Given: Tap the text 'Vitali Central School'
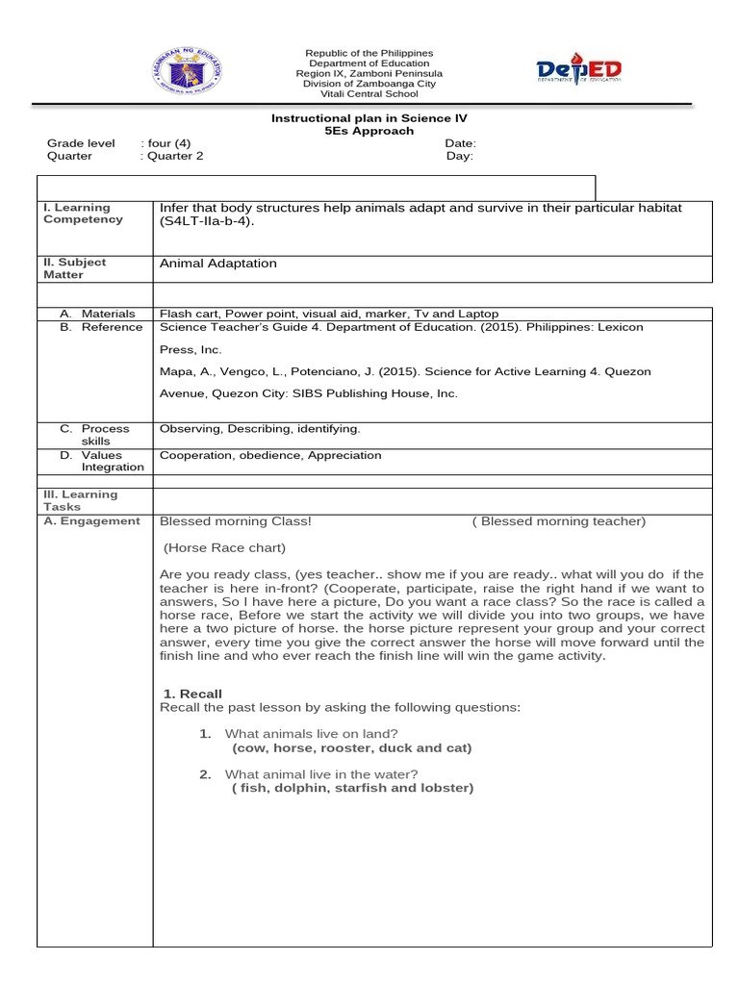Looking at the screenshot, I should coord(369,94).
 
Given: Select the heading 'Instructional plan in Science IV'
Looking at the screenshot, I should coord(369,118).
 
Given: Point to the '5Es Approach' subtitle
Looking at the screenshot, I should coord(369,131).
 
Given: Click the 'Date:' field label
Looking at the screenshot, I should coord(460,143).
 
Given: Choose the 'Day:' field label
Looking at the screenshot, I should coord(459,156).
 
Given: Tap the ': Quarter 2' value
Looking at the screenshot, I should coord(172,156).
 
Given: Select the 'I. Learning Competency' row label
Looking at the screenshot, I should coord(83,214).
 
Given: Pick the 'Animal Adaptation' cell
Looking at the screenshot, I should coord(217,264).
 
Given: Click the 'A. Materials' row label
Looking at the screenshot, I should coord(96,314).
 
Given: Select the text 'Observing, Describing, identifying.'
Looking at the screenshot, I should coord(260,429).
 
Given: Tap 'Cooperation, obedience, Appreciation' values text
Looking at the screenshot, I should coord(270,455).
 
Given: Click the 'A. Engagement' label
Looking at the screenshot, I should coord(91,521).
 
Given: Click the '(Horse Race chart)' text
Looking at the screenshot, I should coord(224,548).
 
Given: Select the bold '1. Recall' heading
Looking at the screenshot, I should coord(192,694).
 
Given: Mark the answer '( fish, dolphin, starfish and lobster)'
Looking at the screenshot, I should coord(352,788).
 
